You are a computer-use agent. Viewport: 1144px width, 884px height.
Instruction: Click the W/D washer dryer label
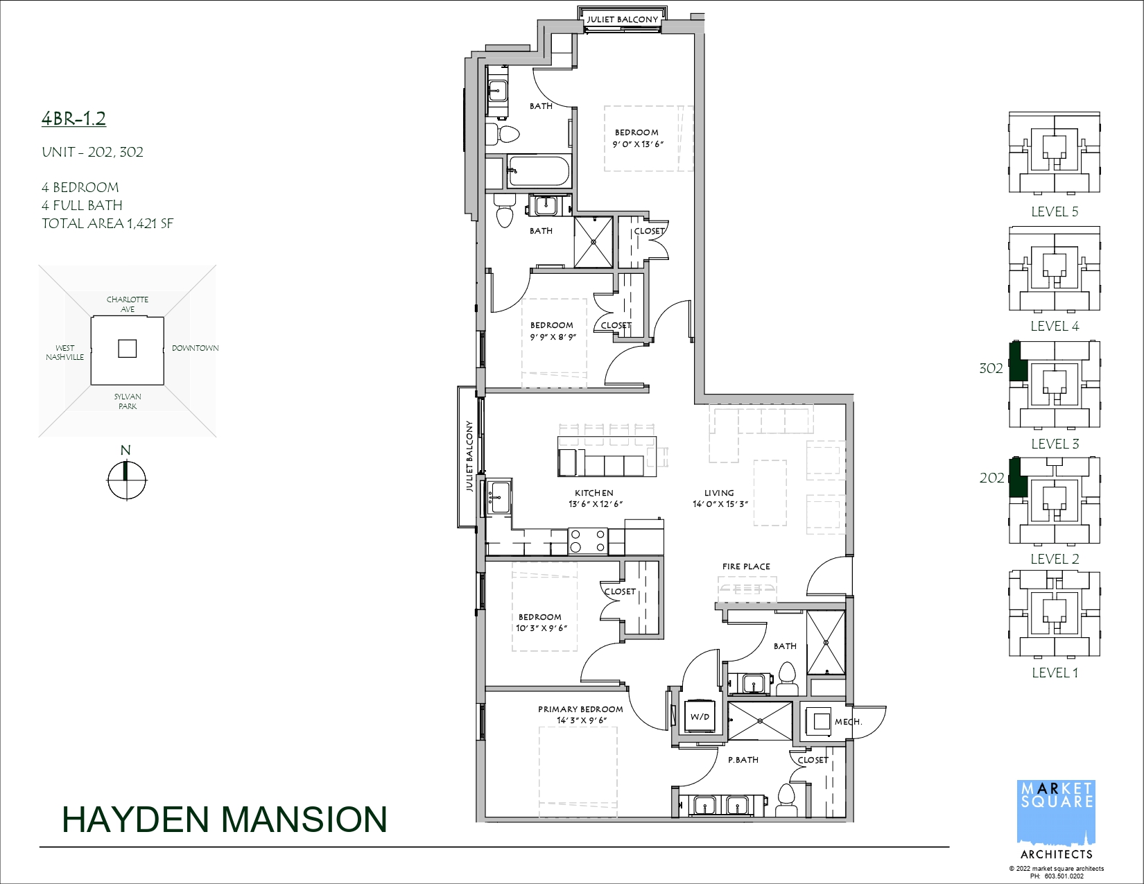pyautogui.click(x=700, y=717)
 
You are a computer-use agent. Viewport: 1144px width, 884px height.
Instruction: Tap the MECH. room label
pyautogui.click(x=848, y=721)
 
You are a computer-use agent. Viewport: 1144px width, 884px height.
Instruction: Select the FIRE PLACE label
pyautogui.click(x=746, y=566)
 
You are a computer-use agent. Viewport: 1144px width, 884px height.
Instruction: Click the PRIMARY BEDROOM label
pyautogui.click(x=580, y=709)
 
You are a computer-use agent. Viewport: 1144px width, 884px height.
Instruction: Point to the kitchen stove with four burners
pyautogui.click(x=587, y=541)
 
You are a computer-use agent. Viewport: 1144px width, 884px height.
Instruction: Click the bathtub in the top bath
pyautogui.click(x=539, y=171)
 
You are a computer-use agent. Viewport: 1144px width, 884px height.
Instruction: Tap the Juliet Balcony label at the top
pyautogui.click(x=623, y=19)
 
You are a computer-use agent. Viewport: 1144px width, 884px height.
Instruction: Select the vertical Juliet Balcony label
pyautogui.click(x=469, y=456)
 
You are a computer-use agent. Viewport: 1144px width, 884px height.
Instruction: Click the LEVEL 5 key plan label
pyautogui.click(x=1055, y=211)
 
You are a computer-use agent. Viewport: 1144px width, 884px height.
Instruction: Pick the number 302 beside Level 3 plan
pyautogui.click(x=991, y=368)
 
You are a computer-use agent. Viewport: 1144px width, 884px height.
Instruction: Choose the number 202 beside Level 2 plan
pyautogui.click(x=992, y=478)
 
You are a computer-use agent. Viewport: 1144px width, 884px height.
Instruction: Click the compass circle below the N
pyautogui.click(x=126, y=480)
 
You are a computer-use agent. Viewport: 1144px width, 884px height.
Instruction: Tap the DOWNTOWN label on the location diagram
pyautogui.click(x=195, y=348)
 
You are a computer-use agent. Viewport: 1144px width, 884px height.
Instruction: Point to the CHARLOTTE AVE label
pyautogui.click(x=128, y=304)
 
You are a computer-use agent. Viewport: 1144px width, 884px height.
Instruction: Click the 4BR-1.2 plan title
pyautogui.click(x=73, y=119)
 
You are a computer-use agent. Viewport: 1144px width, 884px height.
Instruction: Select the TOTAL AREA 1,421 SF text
pyautogui.click(x=107, y=224)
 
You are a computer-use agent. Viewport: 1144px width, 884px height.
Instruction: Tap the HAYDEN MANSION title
pyautogui.click(x=224, y=820)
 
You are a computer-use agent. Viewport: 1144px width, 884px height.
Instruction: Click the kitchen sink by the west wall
pyautogui.click(x=499, y=496)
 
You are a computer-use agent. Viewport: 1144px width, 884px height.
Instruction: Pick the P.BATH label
pyautogui.click(x=743, y=760)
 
